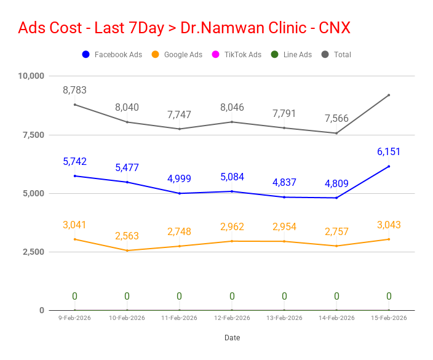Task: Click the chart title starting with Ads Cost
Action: (184, 28)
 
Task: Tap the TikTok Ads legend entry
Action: (236, 55)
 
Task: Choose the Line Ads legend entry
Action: (292, 55)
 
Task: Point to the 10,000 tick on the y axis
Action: (31, 76)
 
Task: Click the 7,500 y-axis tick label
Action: (33, 135)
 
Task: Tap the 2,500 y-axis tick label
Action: (33, 252)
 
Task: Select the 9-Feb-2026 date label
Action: (74, 318)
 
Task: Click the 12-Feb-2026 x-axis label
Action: (232, 318)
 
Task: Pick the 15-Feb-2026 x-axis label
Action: (389, 318)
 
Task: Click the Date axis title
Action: (232, 338)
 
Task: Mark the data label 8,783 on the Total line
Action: (74, 90)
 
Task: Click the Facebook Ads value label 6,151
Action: (389, 151)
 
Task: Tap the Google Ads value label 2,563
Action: (127, 236)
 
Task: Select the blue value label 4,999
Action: (179, 178)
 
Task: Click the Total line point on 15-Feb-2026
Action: (389, 95)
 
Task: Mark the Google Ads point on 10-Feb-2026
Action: (127, 250)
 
